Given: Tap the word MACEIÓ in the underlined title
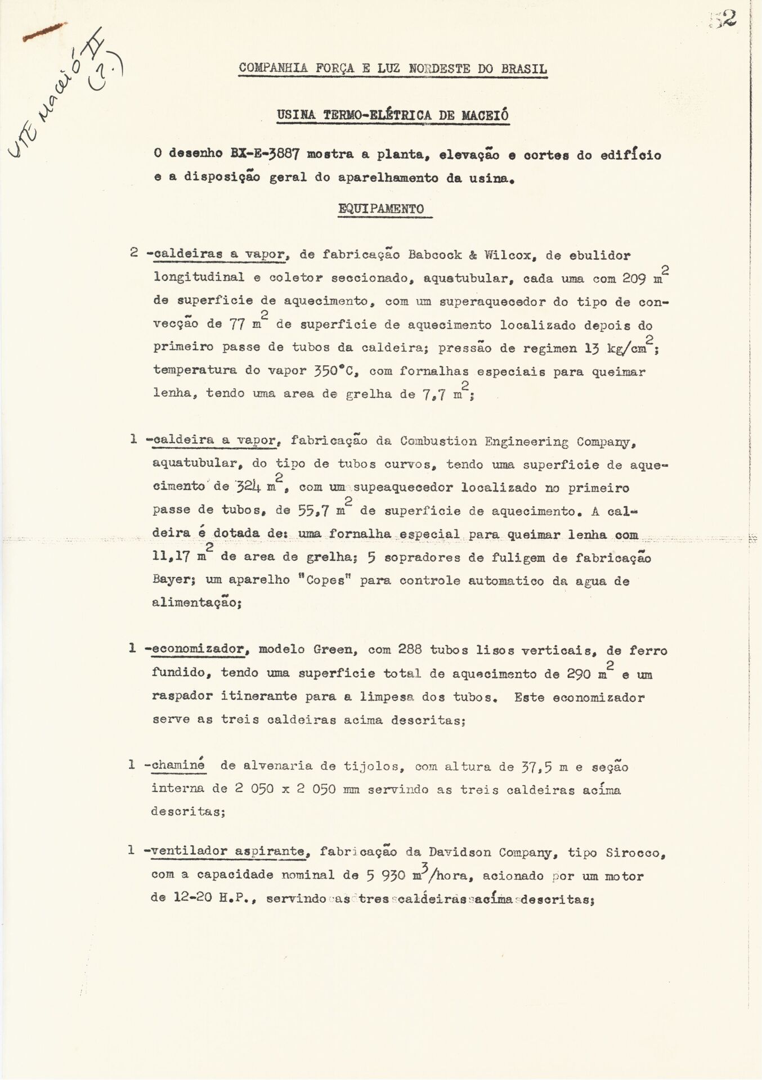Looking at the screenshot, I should pos(485,115).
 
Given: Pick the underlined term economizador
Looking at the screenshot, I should pos(197,650).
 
